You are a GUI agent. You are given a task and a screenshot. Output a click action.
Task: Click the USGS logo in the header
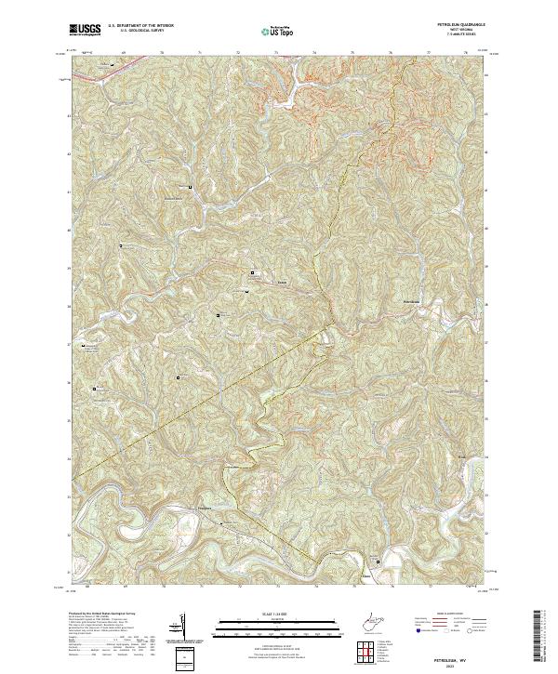pos(86,29)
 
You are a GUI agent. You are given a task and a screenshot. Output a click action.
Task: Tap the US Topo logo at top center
pos(279,31)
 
